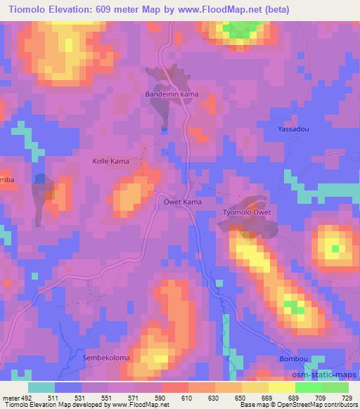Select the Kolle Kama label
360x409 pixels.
click(x=111, y=161)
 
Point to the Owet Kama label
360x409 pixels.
click(x=174, y=202)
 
